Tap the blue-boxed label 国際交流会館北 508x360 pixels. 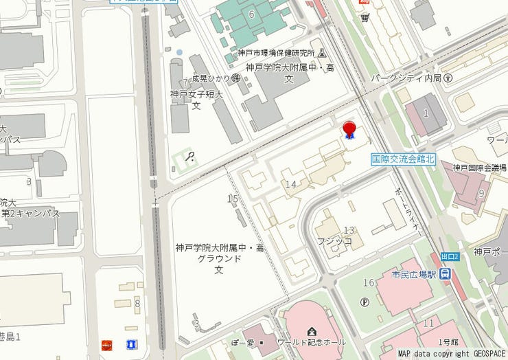click(404, 158)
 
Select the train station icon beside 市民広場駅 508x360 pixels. click(446, 274)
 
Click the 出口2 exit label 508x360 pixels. click(449, 256)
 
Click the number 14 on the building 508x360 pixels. click(291, 184)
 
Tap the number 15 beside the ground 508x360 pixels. click(233, 199)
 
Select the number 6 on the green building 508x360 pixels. click(252, 14)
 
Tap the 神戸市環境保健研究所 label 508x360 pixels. click(276, 53)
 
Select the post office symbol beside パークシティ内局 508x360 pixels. click(448, 78)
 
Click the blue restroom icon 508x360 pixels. click(130, 344)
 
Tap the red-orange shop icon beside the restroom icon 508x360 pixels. click(106, 344)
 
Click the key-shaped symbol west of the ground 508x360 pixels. click(189, 157)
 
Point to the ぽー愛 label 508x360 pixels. click(244, 342)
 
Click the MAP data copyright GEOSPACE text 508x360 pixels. click(452, 354)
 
